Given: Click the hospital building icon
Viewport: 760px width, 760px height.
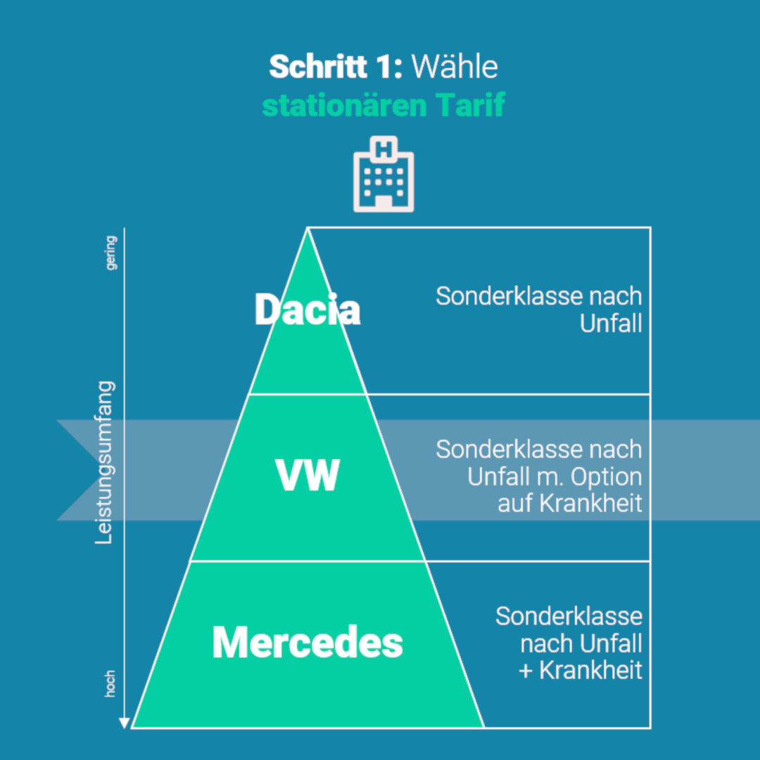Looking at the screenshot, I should point(384,175).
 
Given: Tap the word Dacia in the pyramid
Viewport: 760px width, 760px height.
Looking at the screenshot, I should point(307,310).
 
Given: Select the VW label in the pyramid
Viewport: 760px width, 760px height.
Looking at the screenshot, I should point(307,476).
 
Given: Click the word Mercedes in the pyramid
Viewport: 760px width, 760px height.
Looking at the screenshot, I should point(308,642).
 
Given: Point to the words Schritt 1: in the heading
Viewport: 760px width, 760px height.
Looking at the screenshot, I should point(335,68).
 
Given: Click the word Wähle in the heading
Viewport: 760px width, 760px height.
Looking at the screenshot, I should point(455,68).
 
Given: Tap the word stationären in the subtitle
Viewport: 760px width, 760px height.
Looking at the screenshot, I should point(344,106).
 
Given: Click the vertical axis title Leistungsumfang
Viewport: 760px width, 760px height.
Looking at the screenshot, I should point(104,463).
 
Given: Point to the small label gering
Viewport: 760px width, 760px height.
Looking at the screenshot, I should point(110,253).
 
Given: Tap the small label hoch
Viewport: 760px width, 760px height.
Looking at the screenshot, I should point(110,684).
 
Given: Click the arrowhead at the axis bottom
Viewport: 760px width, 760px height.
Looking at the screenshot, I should point(124,722).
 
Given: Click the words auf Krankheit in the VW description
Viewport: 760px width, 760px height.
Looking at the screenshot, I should point(570,504).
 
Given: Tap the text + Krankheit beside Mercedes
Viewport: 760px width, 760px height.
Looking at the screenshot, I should point(581,671).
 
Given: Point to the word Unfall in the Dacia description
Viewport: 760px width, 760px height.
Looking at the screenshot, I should point(611,324).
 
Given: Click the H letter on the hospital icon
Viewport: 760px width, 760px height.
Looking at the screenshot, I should point(384,149).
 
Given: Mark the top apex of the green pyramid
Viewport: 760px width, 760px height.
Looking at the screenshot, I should point(308,229).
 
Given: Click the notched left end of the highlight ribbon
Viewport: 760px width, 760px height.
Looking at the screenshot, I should point(70,470).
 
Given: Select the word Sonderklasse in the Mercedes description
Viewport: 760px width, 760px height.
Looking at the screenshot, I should point(569,616).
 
